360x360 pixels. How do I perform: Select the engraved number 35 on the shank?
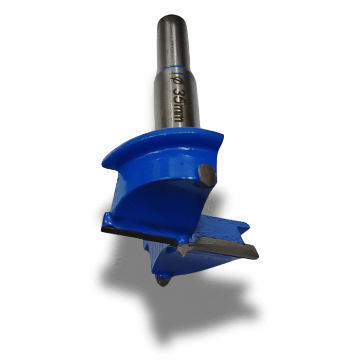178,95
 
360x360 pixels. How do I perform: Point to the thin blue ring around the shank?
175,68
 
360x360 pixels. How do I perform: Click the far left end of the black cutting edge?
103,228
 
